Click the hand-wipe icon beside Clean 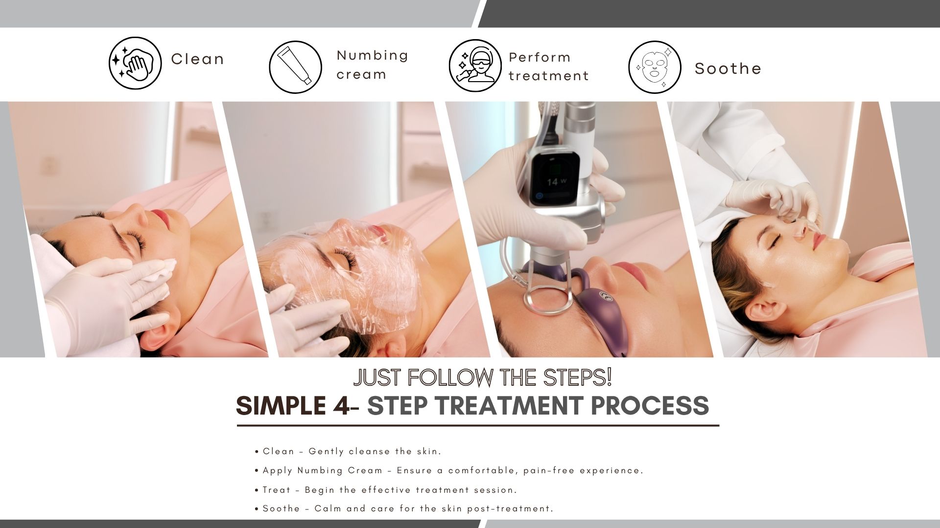pyautogui.click(x=135, y=63)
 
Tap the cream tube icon pyautogui.click(x=295, y=67)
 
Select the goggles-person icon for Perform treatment pyautogui.click(x=475, y=66)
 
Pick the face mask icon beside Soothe pyautogui.click(x=655, y=67)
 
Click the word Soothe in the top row pyautogui.click(x=728, y=68)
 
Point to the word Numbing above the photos pyautogui.click(x=372, y=56)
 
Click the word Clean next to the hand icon pyautogui.click(x=197, y=59)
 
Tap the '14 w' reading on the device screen pyautogui.click(x=557, y=181)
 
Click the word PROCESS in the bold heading pyautogui.click(x=650, y=405)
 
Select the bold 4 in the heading pyautogui.click(x=339, y=405)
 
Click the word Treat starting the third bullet pyautogui.click(x=277, y=489)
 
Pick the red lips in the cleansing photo pyautogui.click(x=161, y=218)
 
